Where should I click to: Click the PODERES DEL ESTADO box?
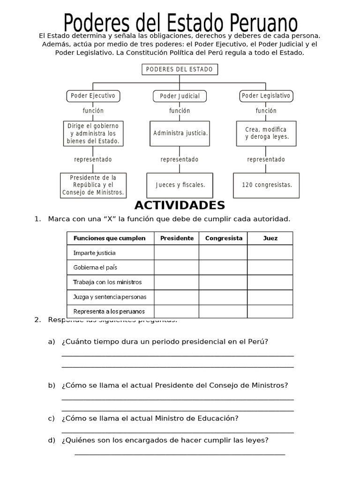(x=180, y=69)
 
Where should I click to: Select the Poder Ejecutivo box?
(x=93, y=96)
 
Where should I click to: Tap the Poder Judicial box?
(x=180, y=96)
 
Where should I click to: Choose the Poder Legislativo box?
(x=266, y=96)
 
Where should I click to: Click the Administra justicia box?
(x=180, y=133)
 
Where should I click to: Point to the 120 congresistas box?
(x=266, y=185)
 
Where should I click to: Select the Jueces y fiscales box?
(x=180, y=185)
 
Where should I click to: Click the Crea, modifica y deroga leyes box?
(x=266, y=133)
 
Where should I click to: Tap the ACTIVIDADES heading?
(x=180, y=205)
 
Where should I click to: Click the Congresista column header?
(x=224, y=238)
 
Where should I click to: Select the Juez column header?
(x=270, y=238)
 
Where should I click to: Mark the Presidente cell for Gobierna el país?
(x=177, y=267)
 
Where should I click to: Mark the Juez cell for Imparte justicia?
(x=270, y=253)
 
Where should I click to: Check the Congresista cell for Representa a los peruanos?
(x=224, y=311)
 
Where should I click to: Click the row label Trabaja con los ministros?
(x=107, y=282)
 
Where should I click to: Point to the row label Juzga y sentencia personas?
(x=110, y=297)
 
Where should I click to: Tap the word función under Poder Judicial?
(x=180, y=111)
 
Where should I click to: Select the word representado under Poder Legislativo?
(x=266, y=159)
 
